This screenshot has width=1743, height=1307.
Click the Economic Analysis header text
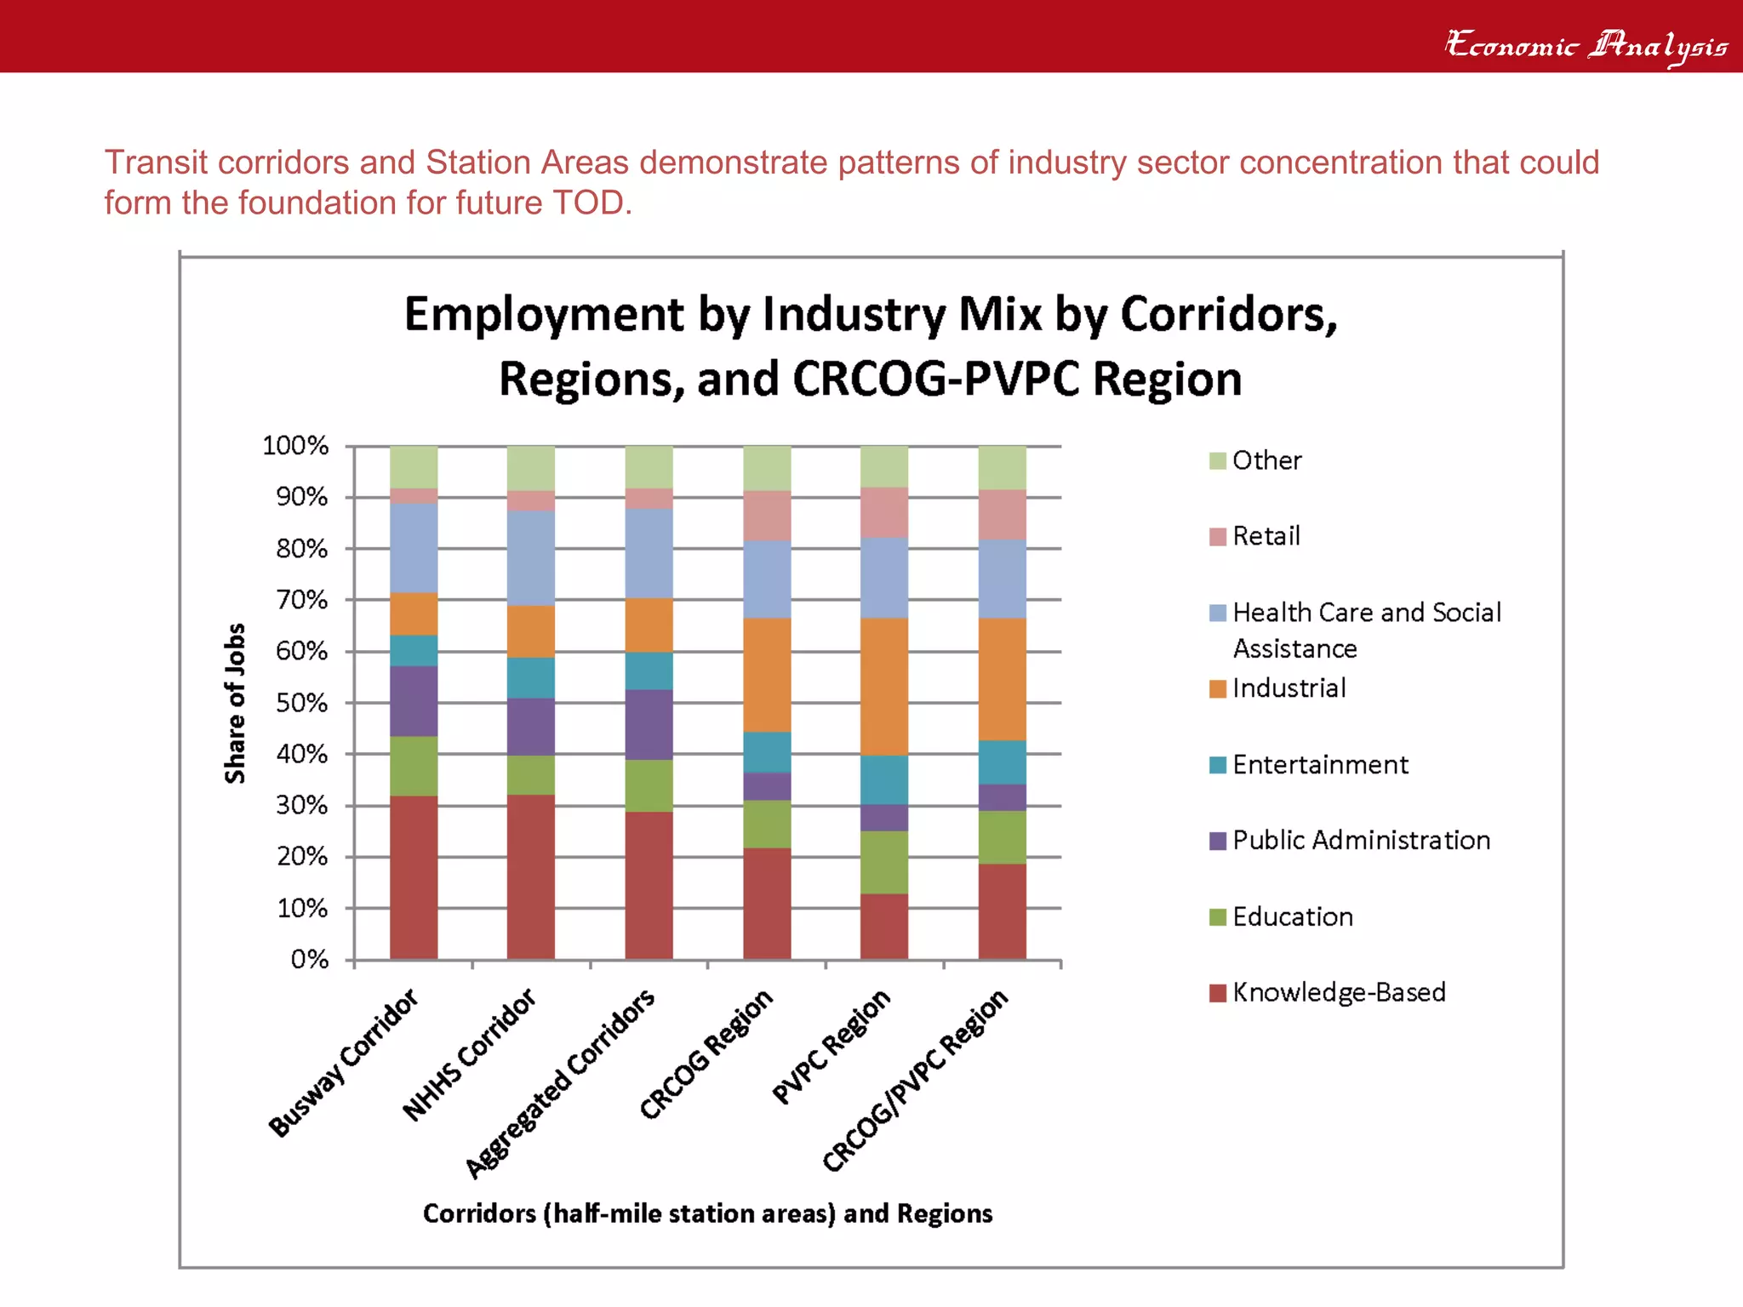click(x=1586, y=44)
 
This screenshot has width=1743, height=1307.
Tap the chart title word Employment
click(x=542, y=314)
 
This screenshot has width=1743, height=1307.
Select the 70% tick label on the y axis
click(x=301, y=600)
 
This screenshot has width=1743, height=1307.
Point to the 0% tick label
click(x=309, y=960)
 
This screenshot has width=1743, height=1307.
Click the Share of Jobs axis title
click(x=235, y=703)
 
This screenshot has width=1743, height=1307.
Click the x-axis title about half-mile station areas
click(x=707, y=1213)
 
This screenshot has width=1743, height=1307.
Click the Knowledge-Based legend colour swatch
click(x=1217, y=993)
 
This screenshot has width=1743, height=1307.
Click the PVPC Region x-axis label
click(x=831, y=1047)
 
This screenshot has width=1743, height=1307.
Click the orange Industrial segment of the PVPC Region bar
click(x=883, y=686)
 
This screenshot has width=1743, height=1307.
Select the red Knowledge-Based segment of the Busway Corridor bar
click(x=414, y=876)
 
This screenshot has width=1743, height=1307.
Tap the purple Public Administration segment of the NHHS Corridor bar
click(x=530, y=727)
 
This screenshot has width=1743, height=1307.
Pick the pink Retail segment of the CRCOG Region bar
click(x=766, y=515)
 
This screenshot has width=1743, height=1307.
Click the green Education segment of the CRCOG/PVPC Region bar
click(x=1002, y=837)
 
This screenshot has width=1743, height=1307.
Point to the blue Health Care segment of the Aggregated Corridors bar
click(x=649, y=553)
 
